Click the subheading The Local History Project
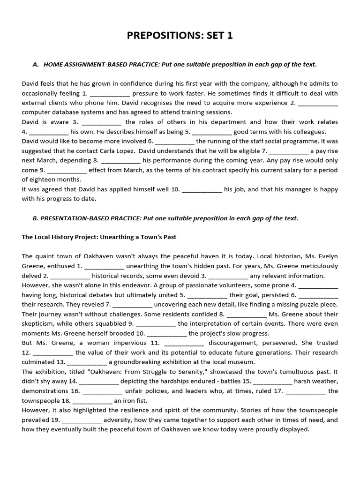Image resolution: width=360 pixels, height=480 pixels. coord(99,237)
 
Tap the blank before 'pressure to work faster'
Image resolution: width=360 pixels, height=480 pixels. coord(109,93)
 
